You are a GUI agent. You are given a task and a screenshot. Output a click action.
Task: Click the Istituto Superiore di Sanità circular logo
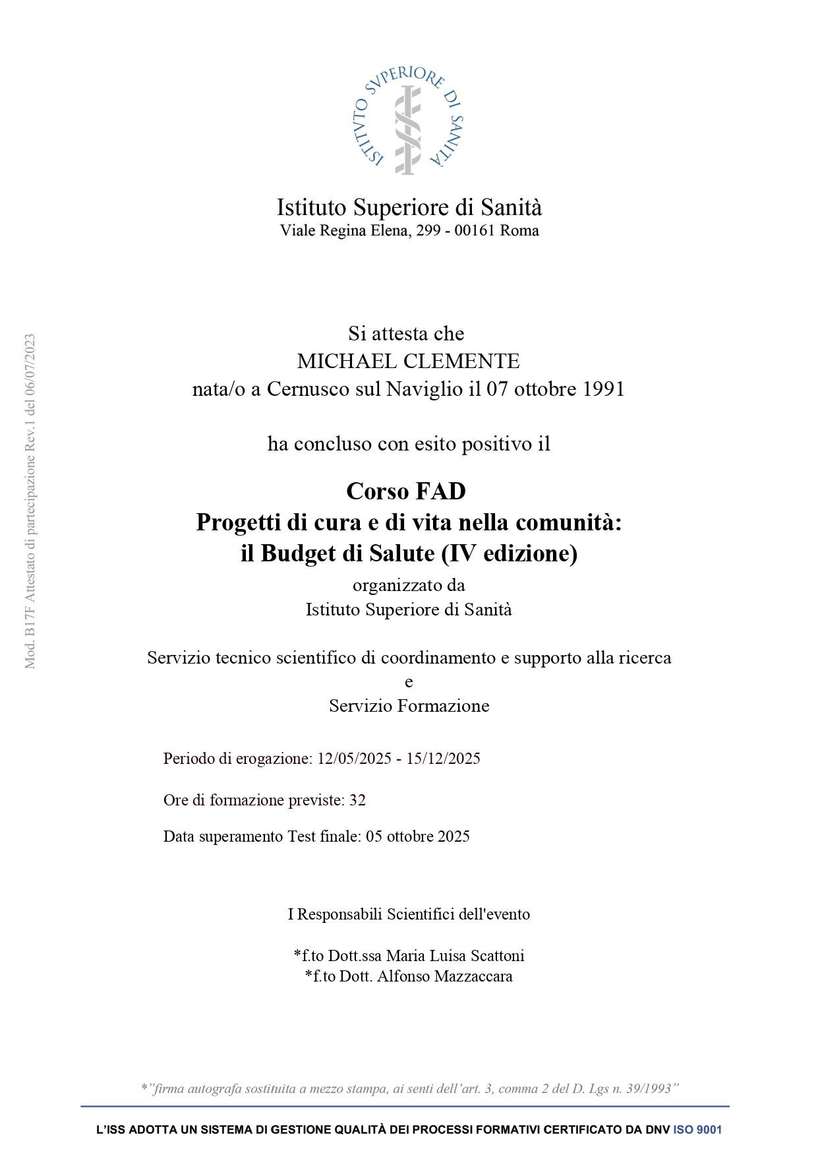click(x=408, y=121)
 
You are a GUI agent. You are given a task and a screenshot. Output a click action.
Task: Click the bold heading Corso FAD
click(x=406, y=491)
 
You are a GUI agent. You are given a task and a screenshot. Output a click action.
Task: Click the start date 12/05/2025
click(x=355, y=759)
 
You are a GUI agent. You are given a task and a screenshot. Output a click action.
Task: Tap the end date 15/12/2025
click(x=443, y=759)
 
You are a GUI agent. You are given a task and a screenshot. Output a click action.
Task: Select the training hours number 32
click(x=357, y=800)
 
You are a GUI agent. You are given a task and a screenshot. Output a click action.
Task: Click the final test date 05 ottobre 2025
click(x=418, y=836)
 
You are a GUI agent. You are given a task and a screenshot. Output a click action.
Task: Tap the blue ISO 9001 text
click(x=697, y=1130)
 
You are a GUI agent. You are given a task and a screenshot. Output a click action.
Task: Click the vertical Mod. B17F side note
click(x=30, y=501)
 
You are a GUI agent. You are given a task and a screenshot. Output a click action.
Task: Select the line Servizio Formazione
click(x=409, y=706)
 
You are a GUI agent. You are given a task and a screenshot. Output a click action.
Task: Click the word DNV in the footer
click(x=657, y=1130)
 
